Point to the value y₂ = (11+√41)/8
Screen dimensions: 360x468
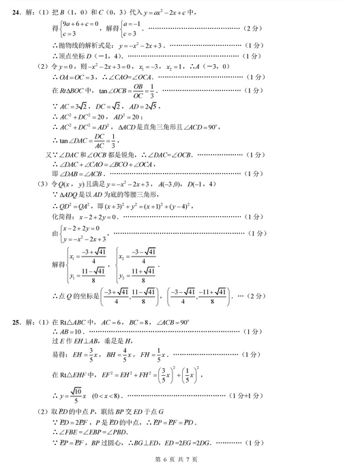click(x=135, y=272)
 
